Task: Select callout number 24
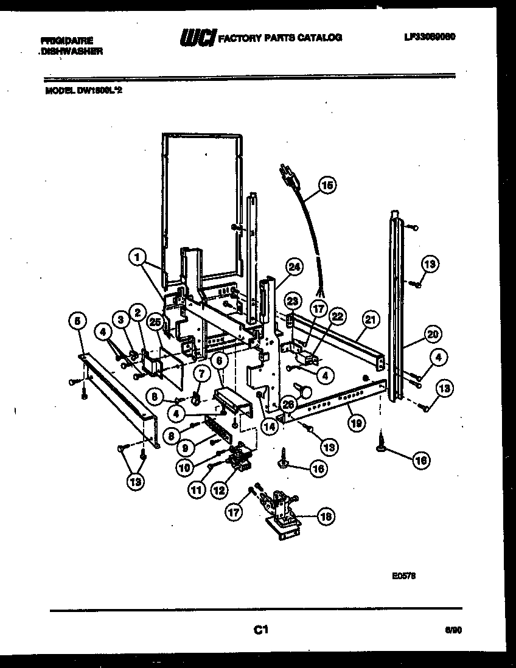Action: coord(295,266)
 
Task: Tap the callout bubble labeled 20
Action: coord(432,334)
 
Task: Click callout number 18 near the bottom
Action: coord(326,517)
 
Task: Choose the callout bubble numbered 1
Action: coord(138,258)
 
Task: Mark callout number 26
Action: coord(288,402)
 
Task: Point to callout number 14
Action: coord(269,426)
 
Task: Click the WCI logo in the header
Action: coord(197,38)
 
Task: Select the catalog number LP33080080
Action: coord(430,37)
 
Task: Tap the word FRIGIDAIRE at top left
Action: coord(67,41)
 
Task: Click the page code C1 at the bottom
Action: coord(261,630)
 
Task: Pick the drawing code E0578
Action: coord(403,573)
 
